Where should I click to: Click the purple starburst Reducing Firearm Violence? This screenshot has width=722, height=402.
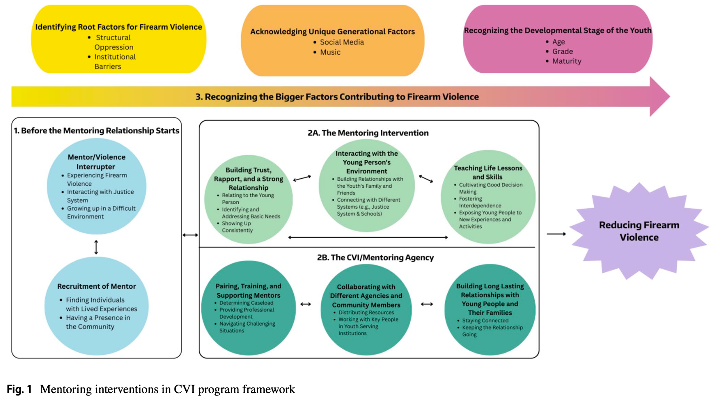click(639, 231)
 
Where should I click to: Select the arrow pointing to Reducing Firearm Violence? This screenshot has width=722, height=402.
click(556, 234)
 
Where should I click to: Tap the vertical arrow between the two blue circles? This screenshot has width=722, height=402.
click(96, 247)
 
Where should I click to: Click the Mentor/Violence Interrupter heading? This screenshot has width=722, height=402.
click(96, 162)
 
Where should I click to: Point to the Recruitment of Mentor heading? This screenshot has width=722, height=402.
click(96, 286)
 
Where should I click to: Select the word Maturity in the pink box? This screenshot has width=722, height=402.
click(567, 61)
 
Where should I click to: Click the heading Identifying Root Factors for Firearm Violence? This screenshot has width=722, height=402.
click(119, 27)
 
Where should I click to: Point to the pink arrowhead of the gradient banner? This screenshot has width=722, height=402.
click(660, 96)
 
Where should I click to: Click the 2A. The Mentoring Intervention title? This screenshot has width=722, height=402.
click(368, 133)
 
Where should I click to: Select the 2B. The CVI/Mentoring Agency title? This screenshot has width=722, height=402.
click(375, 258)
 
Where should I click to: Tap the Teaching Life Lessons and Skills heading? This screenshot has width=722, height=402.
click(488, 172)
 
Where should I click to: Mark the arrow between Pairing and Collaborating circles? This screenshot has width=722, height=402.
click(306, 304)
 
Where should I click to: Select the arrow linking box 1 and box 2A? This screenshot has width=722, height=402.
click(190, 235)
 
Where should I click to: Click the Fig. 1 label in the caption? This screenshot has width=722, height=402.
click(19, 389)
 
